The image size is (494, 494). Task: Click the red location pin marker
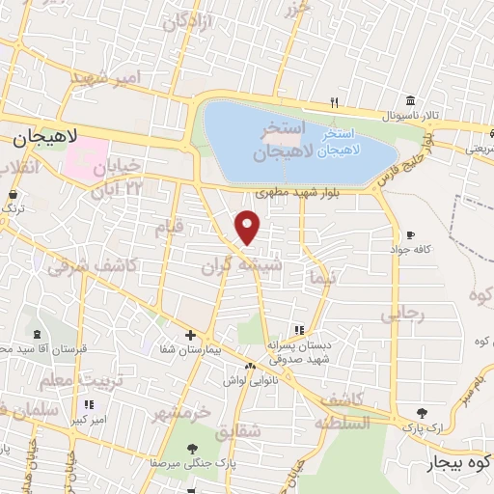(x=248, y=228)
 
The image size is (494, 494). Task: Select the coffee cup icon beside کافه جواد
(x=410, y=234)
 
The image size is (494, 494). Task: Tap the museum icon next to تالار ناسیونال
(x=411, y=101)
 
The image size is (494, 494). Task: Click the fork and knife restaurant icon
(x=334, y=101)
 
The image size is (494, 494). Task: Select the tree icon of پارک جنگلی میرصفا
(x=192, y=448)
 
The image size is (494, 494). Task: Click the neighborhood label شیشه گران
(x=230, y=263)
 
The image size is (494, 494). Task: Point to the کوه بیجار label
(x=458, y=464)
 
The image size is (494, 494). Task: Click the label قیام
(x=169, y=228)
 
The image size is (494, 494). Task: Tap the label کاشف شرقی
(x=82, y=261)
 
